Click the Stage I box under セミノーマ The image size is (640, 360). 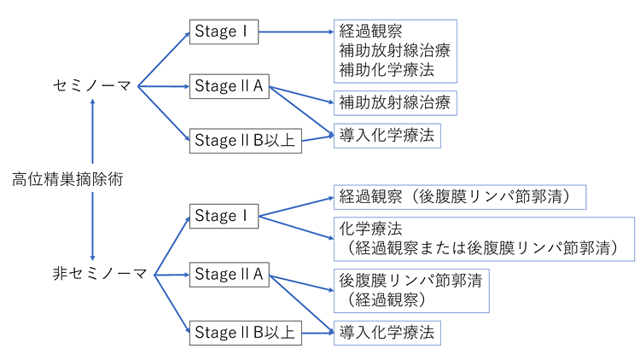coord(223,32)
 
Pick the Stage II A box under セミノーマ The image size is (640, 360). coord(229,85)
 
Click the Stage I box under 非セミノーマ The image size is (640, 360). coord(223,216)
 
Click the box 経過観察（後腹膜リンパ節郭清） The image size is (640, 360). coord(462,197)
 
